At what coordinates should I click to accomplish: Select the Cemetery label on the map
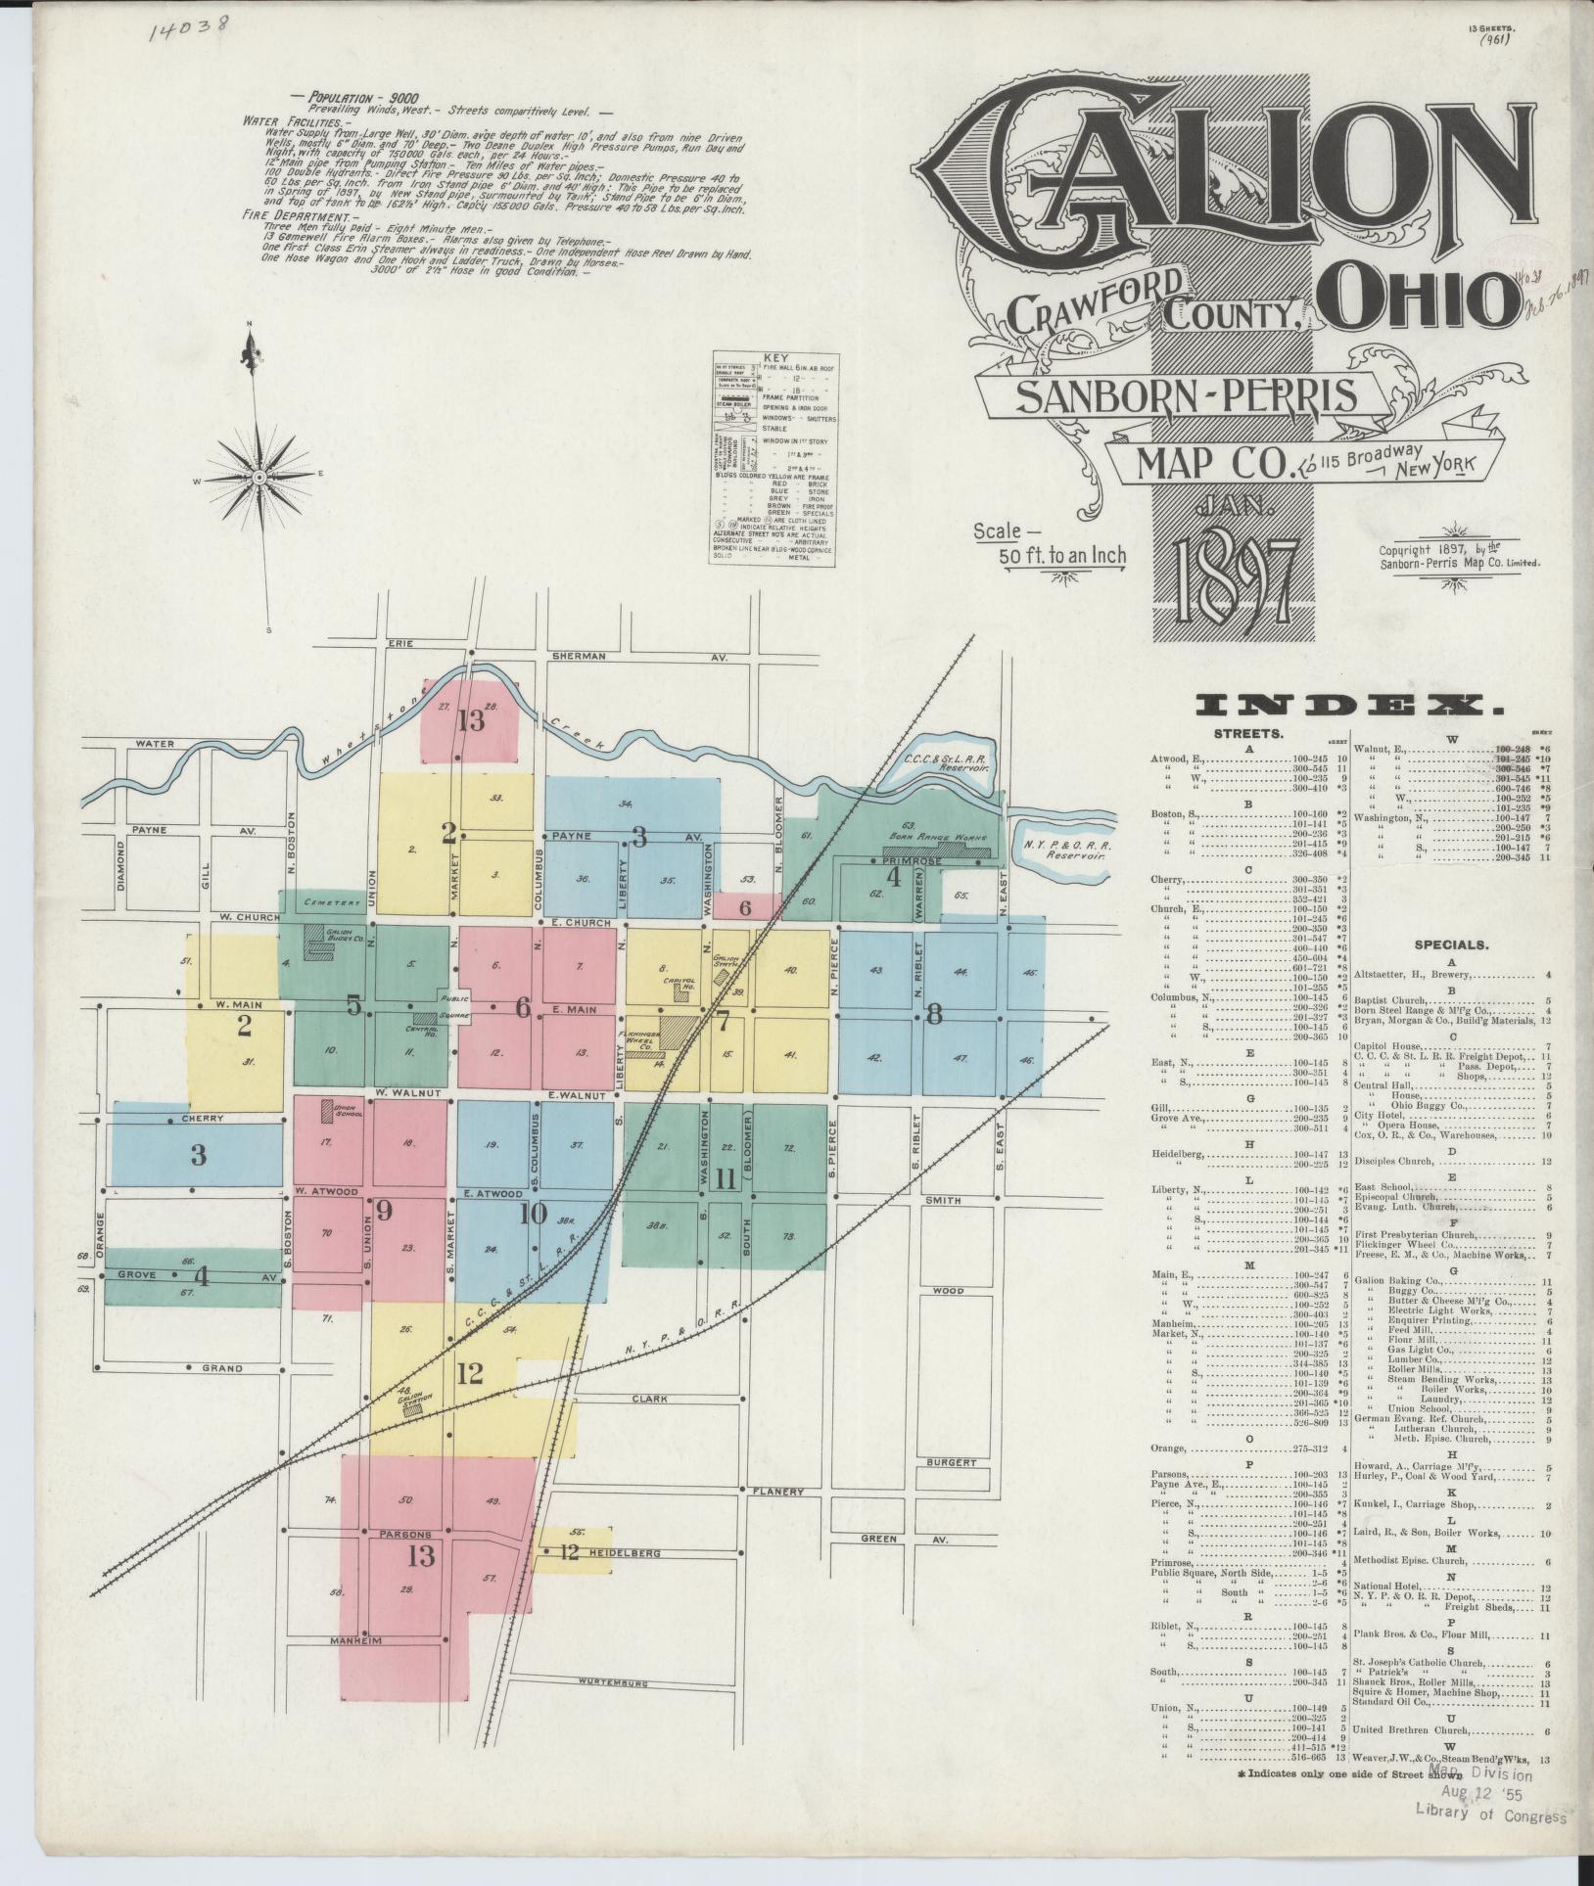coord(326,901)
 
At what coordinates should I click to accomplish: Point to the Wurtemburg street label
coord(615,1684)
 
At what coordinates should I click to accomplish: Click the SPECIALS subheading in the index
coord(1451,945)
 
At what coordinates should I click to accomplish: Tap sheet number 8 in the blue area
coord(934,1015)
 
